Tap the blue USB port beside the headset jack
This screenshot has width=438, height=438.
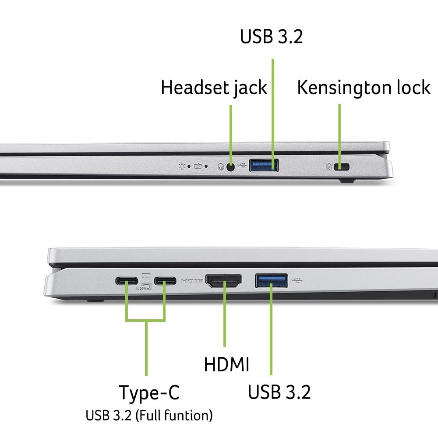pos(264,166)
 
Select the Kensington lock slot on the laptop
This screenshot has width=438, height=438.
pos(341,167)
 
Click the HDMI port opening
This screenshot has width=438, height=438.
pos(223,280)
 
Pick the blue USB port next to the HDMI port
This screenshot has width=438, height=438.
pos(271,280)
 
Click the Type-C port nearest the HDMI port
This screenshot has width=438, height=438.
pos(165,280)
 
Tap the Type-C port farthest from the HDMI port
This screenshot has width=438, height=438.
pos(127,280)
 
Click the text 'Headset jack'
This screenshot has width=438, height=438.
pos(214,87)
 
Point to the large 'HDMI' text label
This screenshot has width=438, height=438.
pos(226,364)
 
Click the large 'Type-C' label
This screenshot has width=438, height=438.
pos(149,392)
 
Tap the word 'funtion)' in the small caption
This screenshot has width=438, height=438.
pos(192,415)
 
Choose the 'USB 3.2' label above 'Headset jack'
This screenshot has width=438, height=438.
pos(271,37)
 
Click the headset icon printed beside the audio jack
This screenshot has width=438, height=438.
pos(221,166)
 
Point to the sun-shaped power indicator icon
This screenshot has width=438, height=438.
pos(182,166)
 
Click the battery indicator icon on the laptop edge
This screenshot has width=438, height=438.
pos(200,166)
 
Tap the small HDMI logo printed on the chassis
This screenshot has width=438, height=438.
pos(192,281)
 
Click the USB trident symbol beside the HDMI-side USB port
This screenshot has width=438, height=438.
pos(296,280)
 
